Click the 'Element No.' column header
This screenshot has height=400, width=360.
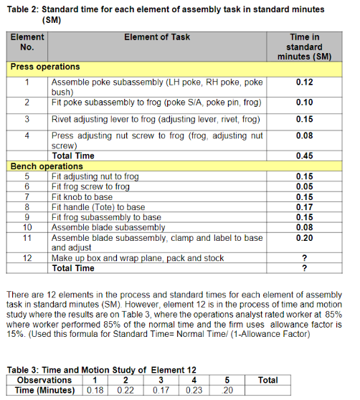point(27,42)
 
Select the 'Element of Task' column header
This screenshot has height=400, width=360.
point(156,37)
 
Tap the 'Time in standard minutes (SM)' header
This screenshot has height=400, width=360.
point(304,47)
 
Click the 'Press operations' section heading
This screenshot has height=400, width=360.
point(44,67)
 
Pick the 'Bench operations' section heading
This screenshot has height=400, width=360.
point(47,166)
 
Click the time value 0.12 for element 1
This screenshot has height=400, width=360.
point(304,82)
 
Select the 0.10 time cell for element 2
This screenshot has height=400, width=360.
point(304,103)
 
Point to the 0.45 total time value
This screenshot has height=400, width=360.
point(304,156)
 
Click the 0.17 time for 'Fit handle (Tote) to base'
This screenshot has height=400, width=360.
point(304,207)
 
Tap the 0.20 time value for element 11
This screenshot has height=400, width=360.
point(304,237)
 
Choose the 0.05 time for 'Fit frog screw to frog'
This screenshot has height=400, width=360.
point(304,186)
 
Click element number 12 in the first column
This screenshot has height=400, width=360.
point(27,258)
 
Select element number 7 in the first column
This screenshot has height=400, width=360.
point(27,196)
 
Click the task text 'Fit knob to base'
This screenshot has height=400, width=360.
point(82,196)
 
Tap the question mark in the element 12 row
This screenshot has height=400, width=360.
point(304,258)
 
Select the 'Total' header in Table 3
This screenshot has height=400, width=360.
point(267,380)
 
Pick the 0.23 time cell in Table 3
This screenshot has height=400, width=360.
point(194,390)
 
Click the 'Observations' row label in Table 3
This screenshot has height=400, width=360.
point(44,380)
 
